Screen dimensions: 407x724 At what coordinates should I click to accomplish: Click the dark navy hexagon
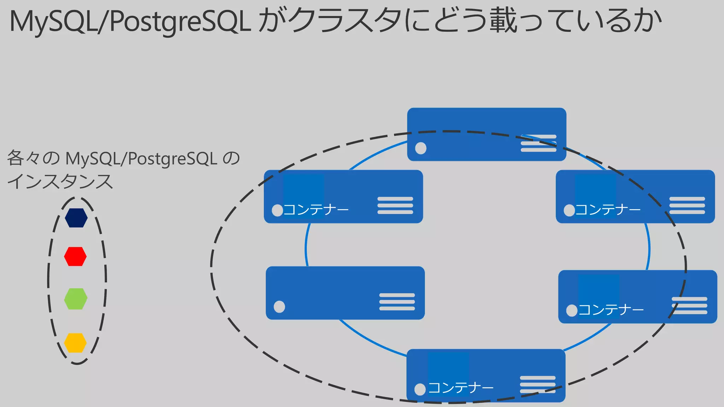[76, 218]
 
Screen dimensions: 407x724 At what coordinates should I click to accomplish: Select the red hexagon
[75, 256]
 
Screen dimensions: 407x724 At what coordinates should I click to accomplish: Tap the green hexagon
[76, 299]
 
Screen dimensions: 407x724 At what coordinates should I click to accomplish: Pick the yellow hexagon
[75, 343]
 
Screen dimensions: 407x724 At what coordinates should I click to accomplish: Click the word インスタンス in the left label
[60, 182]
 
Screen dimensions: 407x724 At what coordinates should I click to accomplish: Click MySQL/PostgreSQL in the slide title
[130, 22]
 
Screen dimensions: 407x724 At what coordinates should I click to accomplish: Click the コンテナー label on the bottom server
[461, 388]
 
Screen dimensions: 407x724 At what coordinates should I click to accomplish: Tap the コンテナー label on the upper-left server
[316, 210]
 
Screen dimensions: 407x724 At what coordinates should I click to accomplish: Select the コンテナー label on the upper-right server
[608, 210]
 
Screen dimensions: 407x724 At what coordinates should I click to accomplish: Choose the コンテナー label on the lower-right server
[611, 310]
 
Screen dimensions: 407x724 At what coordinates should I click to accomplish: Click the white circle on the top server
[421, 148]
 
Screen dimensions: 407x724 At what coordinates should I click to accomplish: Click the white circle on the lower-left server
[279, 307]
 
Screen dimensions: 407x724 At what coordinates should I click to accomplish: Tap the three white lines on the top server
[538, 143]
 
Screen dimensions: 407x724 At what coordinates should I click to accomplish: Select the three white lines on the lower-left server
[397, 302]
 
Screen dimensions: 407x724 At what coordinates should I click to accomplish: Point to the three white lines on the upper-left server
[395, 205]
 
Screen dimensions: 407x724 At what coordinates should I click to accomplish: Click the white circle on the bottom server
[420, 389]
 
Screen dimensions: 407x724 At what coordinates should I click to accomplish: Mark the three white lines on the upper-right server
[687, 205]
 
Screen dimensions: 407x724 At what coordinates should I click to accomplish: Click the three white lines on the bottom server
[537, 384]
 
